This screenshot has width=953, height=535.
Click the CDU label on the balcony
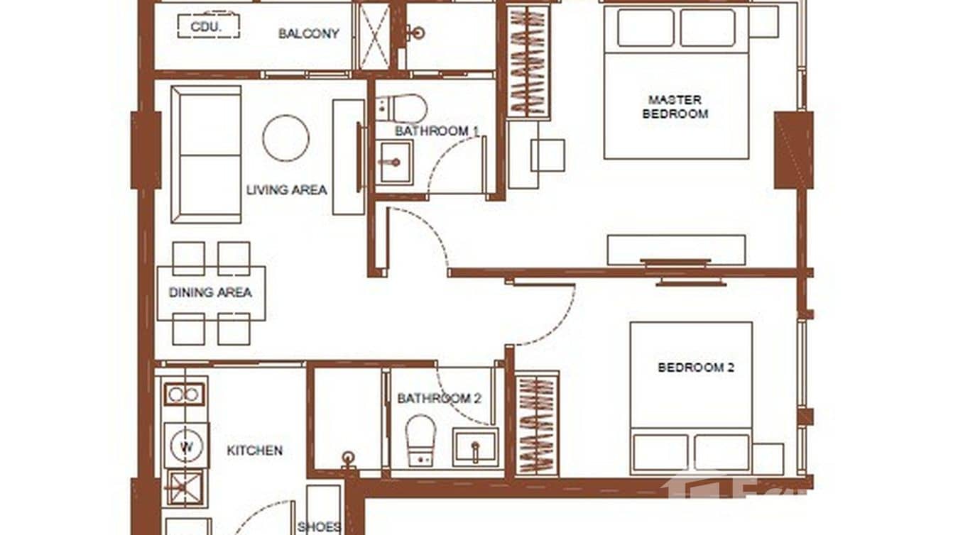207,26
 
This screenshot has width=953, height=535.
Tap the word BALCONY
308,33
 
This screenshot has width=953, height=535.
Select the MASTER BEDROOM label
675,106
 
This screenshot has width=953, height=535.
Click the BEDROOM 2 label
695,368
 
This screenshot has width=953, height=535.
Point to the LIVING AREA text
286,189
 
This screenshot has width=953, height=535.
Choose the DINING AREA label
210,292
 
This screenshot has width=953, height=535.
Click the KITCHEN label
254,450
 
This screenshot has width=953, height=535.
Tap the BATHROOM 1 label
437,131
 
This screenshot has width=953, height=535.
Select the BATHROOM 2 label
439,399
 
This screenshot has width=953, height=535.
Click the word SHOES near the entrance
319,526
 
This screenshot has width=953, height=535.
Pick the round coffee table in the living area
285,138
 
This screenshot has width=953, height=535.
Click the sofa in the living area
205,154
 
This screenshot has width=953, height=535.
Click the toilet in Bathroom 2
420,440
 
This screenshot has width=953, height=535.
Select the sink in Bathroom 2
475,448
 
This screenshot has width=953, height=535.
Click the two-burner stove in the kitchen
185,394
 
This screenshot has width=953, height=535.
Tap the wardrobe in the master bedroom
528,62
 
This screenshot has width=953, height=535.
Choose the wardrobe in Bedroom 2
537,424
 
